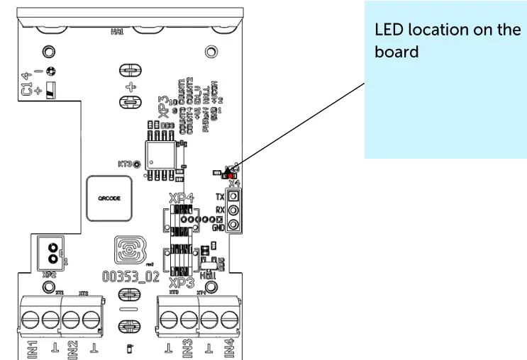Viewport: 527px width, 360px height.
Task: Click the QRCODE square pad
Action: tap(109, 199)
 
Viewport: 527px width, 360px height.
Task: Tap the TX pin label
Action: tap(220, 196)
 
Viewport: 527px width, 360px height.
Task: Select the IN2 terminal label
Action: tap(72, 349)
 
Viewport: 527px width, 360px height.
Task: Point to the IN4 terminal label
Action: tap(229, 349)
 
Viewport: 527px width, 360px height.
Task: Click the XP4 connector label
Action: tap(180, 199)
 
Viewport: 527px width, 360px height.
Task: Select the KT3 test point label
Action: tap(125, 164)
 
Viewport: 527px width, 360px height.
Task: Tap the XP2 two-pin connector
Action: tap(50, 252)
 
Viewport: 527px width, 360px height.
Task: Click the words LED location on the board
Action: tap(447, 41)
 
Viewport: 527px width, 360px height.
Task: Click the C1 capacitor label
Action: tap(26, 89)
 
